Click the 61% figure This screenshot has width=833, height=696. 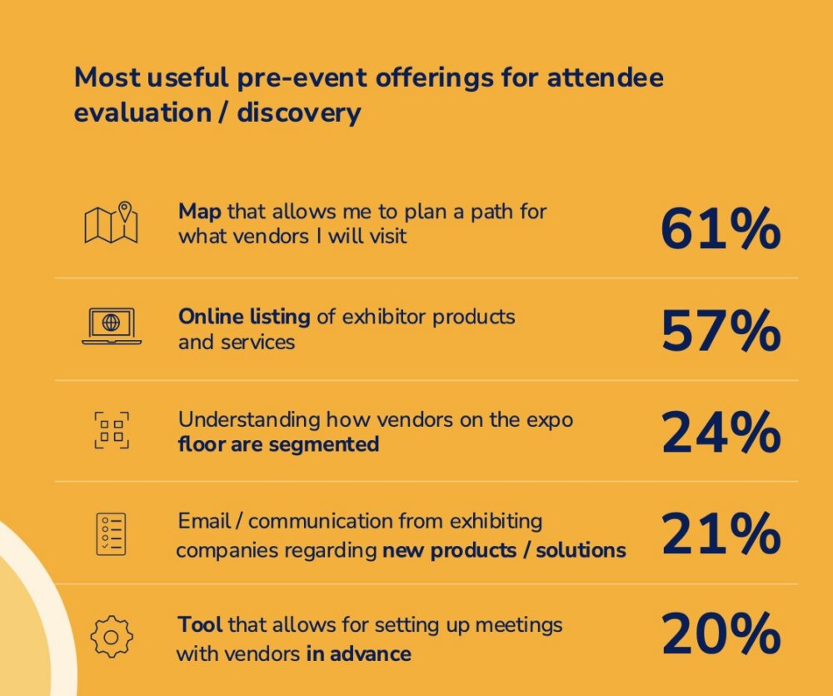point(721,228)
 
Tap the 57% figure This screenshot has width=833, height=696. point(721,331)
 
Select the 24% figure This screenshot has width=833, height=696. point(721,433)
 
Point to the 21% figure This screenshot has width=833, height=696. point(721,533)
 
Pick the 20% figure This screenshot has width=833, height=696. point(721,633)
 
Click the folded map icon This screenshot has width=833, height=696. point(111,223)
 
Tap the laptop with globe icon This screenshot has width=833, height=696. point(112,326)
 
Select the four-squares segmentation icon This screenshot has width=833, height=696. point(112,430)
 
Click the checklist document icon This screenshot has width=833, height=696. point(111,533)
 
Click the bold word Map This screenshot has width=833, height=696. point(200,212)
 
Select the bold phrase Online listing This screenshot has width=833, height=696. point(244,317)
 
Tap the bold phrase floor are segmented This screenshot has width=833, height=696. point(278,444)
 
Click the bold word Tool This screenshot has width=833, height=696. point(200,624)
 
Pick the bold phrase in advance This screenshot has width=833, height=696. point(358,653)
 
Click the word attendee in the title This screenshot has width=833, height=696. point(605,78)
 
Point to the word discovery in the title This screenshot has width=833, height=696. point(298,113)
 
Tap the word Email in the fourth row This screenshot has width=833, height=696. point(204,521)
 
